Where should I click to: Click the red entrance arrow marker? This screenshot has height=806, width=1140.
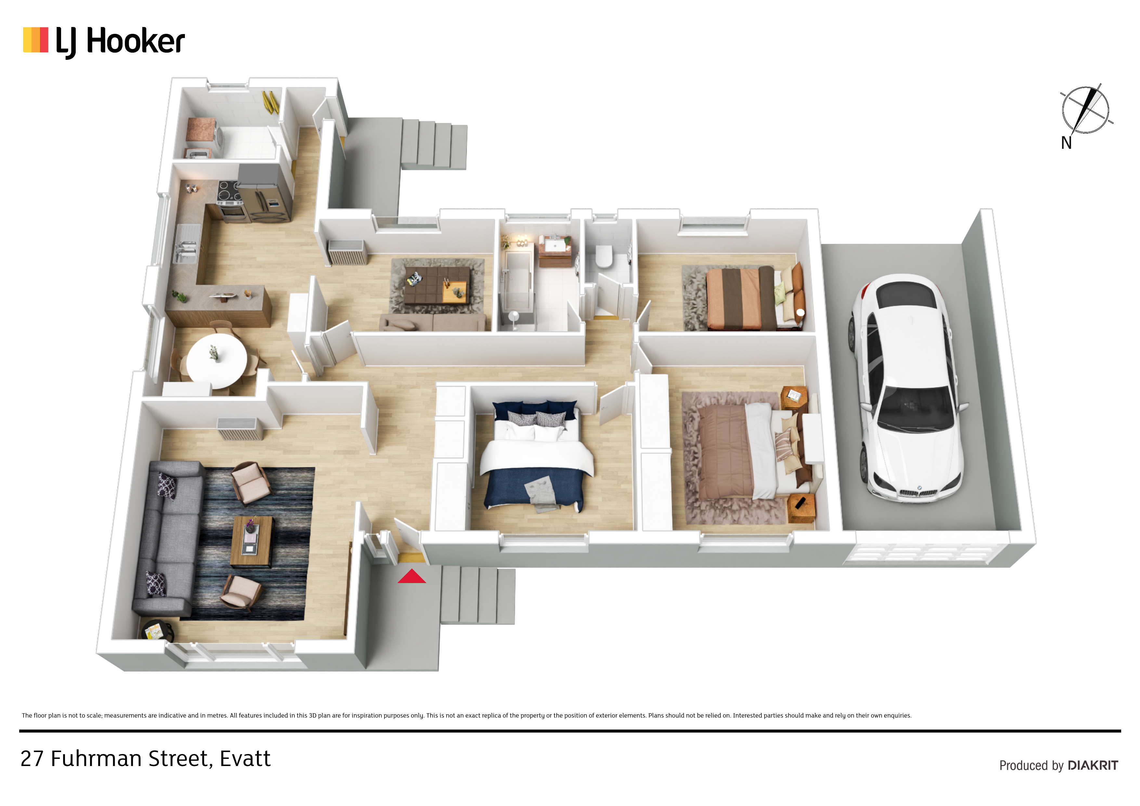point(412,577)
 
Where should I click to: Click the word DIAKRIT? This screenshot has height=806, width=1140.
point(1093,765)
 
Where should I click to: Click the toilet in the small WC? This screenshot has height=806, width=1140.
point(604,256)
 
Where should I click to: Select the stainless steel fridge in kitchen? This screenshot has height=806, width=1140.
point(265,194)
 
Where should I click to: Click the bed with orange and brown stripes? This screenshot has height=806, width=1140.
point(754,297)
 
